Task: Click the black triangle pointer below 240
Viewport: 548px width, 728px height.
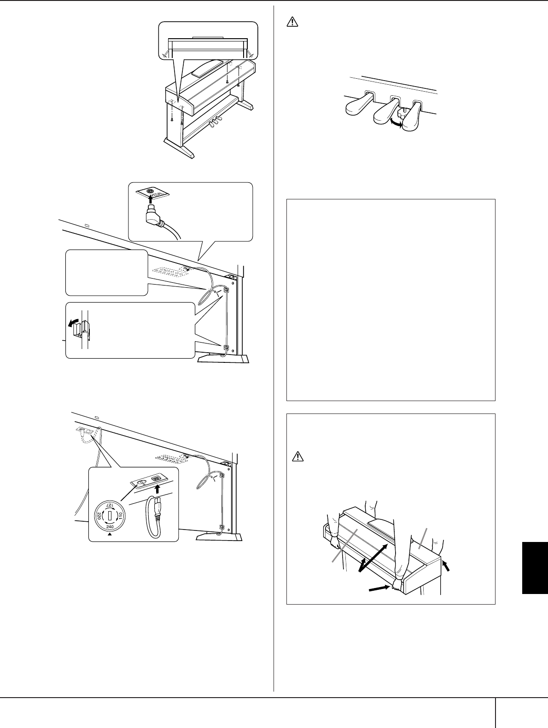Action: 109,535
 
